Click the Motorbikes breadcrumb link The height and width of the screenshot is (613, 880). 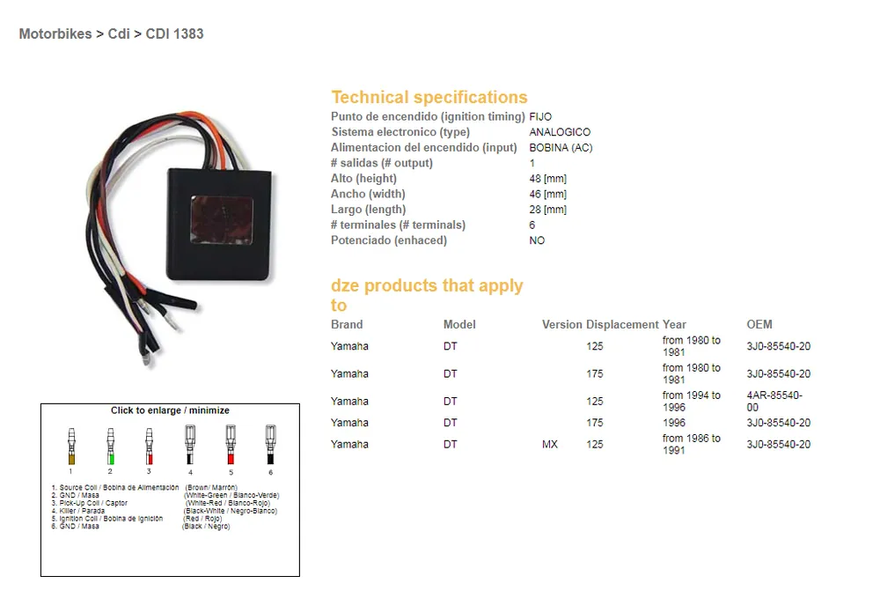pos(55,34)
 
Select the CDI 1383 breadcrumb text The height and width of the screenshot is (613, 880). pos(174,34)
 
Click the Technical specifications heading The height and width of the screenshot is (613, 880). pos(429,98)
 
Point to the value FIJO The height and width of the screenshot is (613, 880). pos(540,116)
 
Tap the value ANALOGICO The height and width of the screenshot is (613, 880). pos(560,132)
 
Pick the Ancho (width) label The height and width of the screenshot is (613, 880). pos(368,194)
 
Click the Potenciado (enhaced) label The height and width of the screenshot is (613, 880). pos(389,240)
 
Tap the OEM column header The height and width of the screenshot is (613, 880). pos(759,324)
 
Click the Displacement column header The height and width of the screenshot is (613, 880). pos(622,324)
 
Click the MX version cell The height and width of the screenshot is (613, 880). pos(550,445)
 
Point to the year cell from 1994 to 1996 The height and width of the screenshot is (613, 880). pos(692,402)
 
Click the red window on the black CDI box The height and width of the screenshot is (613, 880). pos(222,221)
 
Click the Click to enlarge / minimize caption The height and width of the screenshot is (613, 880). pos(170,410)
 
